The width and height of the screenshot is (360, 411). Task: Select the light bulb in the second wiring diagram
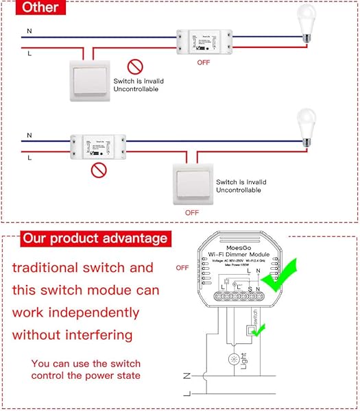click(307, 127)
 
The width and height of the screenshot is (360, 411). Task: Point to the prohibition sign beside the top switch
click(134, 67)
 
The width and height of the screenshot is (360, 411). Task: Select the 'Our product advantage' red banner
click(94, 238)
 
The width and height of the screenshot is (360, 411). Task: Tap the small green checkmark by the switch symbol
click(258, 330)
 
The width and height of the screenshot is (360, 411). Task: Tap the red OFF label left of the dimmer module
click(182, 267)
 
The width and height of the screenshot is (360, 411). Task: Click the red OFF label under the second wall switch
click(193, 212)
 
